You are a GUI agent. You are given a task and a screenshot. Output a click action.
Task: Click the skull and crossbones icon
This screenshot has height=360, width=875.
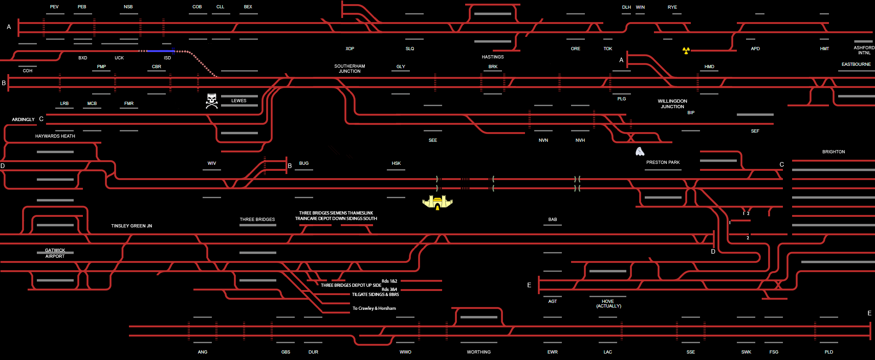(211, 101)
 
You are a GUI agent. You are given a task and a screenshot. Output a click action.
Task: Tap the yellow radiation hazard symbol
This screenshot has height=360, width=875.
(686, 50)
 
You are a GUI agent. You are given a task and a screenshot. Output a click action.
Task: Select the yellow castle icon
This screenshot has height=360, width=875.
(437, 202)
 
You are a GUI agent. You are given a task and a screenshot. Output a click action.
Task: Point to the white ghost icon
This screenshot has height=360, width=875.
(640, 151)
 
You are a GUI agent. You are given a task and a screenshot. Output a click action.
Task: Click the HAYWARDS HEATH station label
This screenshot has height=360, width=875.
(55, 136)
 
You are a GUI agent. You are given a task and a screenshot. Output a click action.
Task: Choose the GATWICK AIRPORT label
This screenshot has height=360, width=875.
(55, 253)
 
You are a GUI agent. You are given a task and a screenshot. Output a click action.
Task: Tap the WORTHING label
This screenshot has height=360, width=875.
(478, 352)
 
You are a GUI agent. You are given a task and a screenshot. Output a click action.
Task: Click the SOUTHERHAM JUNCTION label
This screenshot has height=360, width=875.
(350, 69)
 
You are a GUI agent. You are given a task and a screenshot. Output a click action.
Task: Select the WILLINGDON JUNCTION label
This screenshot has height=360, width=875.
(672, 104)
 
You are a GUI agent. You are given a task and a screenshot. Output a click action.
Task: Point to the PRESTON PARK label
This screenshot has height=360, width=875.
(663, 163)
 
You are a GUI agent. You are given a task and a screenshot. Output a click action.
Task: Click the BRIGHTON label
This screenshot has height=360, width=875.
(834, 152)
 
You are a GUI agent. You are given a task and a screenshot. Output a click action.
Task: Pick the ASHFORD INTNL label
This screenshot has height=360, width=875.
(864, 50)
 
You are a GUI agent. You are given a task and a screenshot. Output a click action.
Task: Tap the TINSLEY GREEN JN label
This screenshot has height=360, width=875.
(131, 226)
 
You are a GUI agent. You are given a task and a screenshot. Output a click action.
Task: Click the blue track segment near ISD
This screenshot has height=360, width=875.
(160, 51)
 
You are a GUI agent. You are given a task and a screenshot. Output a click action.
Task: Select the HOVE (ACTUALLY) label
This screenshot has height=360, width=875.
(608, 304)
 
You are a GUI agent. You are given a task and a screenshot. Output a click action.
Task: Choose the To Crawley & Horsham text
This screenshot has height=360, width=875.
(374, 308)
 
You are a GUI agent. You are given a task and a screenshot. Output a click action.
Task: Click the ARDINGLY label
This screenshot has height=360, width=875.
(23, 120)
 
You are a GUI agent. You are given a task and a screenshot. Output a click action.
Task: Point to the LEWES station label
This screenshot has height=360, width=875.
(239, 101)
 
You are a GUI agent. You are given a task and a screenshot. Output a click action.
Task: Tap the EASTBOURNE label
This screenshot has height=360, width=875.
(856, 64)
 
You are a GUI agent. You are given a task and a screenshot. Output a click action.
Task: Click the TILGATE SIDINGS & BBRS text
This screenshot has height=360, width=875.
(375, 295)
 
